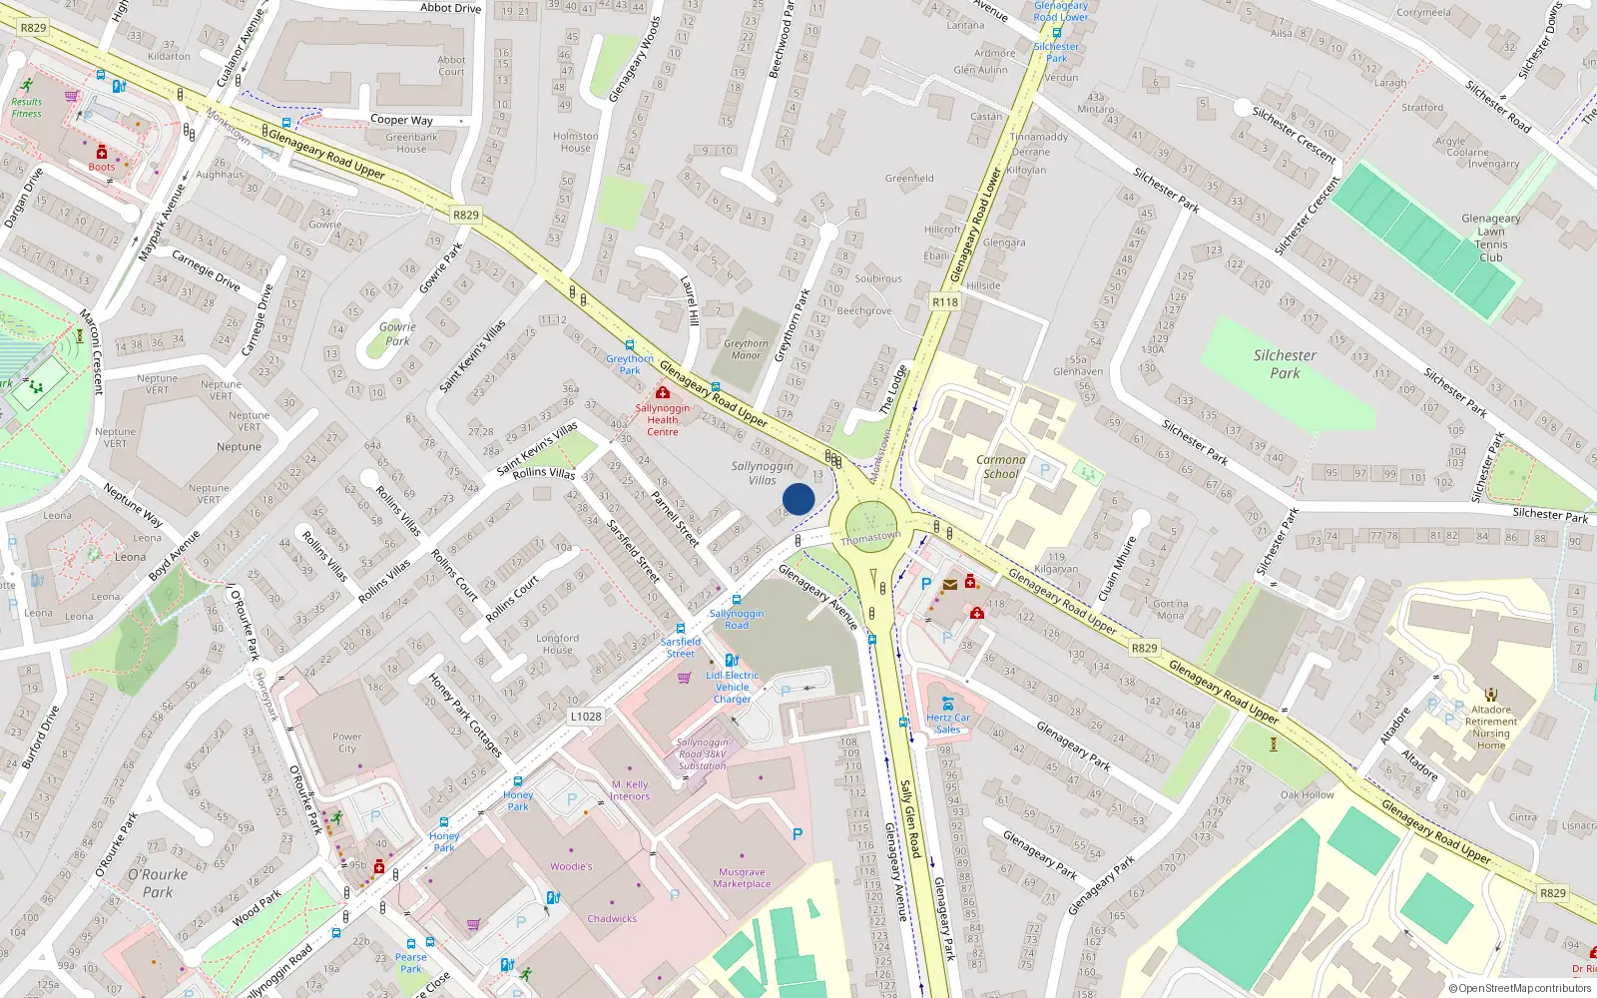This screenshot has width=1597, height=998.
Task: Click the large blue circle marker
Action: click(x=798, y=499)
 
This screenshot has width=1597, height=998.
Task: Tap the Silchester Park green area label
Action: click(x=1285, y=364)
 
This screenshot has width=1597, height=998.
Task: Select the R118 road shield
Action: click(x=944, y=301)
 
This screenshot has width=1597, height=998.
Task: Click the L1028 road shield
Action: click(x=586, y=717)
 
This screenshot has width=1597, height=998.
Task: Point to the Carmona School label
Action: click(x=1000, y=467)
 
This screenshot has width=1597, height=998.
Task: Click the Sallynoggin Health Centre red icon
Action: click(x=662, y=393)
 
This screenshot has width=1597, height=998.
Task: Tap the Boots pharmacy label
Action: click(x=101, y=167)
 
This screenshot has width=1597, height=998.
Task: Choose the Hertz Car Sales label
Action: click(x=947, y=724)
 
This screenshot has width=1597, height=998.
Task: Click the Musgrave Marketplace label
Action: click(x=742, y=878)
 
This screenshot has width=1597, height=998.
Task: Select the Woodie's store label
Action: click(x=571, y=866)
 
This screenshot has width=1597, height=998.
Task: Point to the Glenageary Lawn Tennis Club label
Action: click(x=1490, y=238)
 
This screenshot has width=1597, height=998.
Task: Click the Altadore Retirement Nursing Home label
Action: click(x=1490, y=728)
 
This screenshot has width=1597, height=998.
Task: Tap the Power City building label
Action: click(x=346, y=743)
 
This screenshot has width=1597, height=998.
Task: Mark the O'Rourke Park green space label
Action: click(x=158, y=883)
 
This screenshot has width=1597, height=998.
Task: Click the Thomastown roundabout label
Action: click(x=870, y=537)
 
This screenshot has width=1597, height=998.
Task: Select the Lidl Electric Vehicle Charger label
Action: click(x=732, y=687)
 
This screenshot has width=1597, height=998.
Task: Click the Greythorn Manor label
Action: click(x=746, y=349)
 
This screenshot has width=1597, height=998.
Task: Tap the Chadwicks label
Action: click(x=612, y=919)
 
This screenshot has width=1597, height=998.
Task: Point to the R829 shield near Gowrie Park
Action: click(x=465, y=215)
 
